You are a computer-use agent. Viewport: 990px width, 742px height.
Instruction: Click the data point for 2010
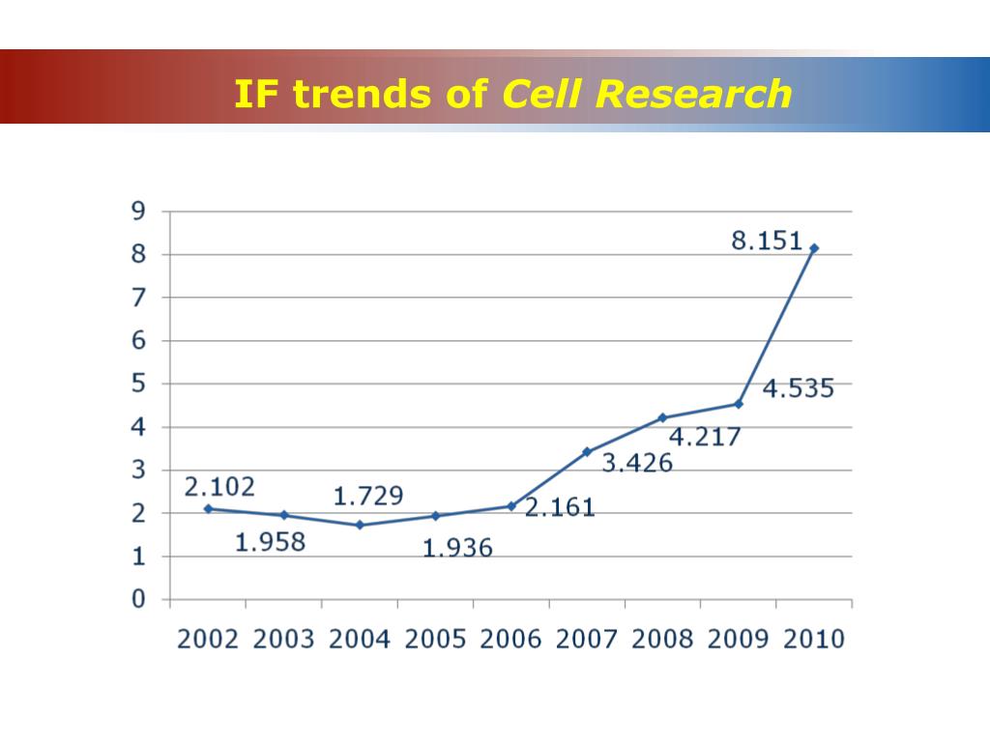click(x=814, y=248)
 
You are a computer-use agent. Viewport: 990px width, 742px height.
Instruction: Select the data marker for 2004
click(x=360, y=525)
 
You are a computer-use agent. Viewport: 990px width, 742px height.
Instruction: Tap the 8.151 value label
click(x=767, y=241)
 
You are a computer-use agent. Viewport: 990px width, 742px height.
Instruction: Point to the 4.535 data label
click(x=798, y=390)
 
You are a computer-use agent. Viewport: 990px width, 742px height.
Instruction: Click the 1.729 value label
click(x=368, y=497)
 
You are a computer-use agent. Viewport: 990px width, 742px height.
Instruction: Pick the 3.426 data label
click(x=637, y=463)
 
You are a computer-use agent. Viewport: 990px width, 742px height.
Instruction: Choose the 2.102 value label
click(x=219, y=486)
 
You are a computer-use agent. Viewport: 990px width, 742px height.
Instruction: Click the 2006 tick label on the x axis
click(x=510, y=640)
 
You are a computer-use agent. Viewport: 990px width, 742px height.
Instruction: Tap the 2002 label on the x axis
click(x=207, y=640)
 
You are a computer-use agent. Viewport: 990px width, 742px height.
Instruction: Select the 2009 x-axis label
click(x=738, y=640)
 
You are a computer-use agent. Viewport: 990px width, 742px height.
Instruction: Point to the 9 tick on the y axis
click(x=138, y=212)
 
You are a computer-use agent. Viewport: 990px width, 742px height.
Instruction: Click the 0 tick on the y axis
click(x=138, y=599)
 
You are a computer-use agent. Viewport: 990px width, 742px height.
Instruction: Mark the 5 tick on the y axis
click(x=138, y=384)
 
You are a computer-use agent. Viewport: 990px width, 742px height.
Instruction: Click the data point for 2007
click(x=587, y=451)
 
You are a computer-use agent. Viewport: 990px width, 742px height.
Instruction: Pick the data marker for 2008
click(x=662, y=417)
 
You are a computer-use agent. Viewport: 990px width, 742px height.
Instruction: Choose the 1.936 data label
click(x=457, y=549)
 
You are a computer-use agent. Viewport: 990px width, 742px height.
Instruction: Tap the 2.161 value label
click(x=560, y=507)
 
